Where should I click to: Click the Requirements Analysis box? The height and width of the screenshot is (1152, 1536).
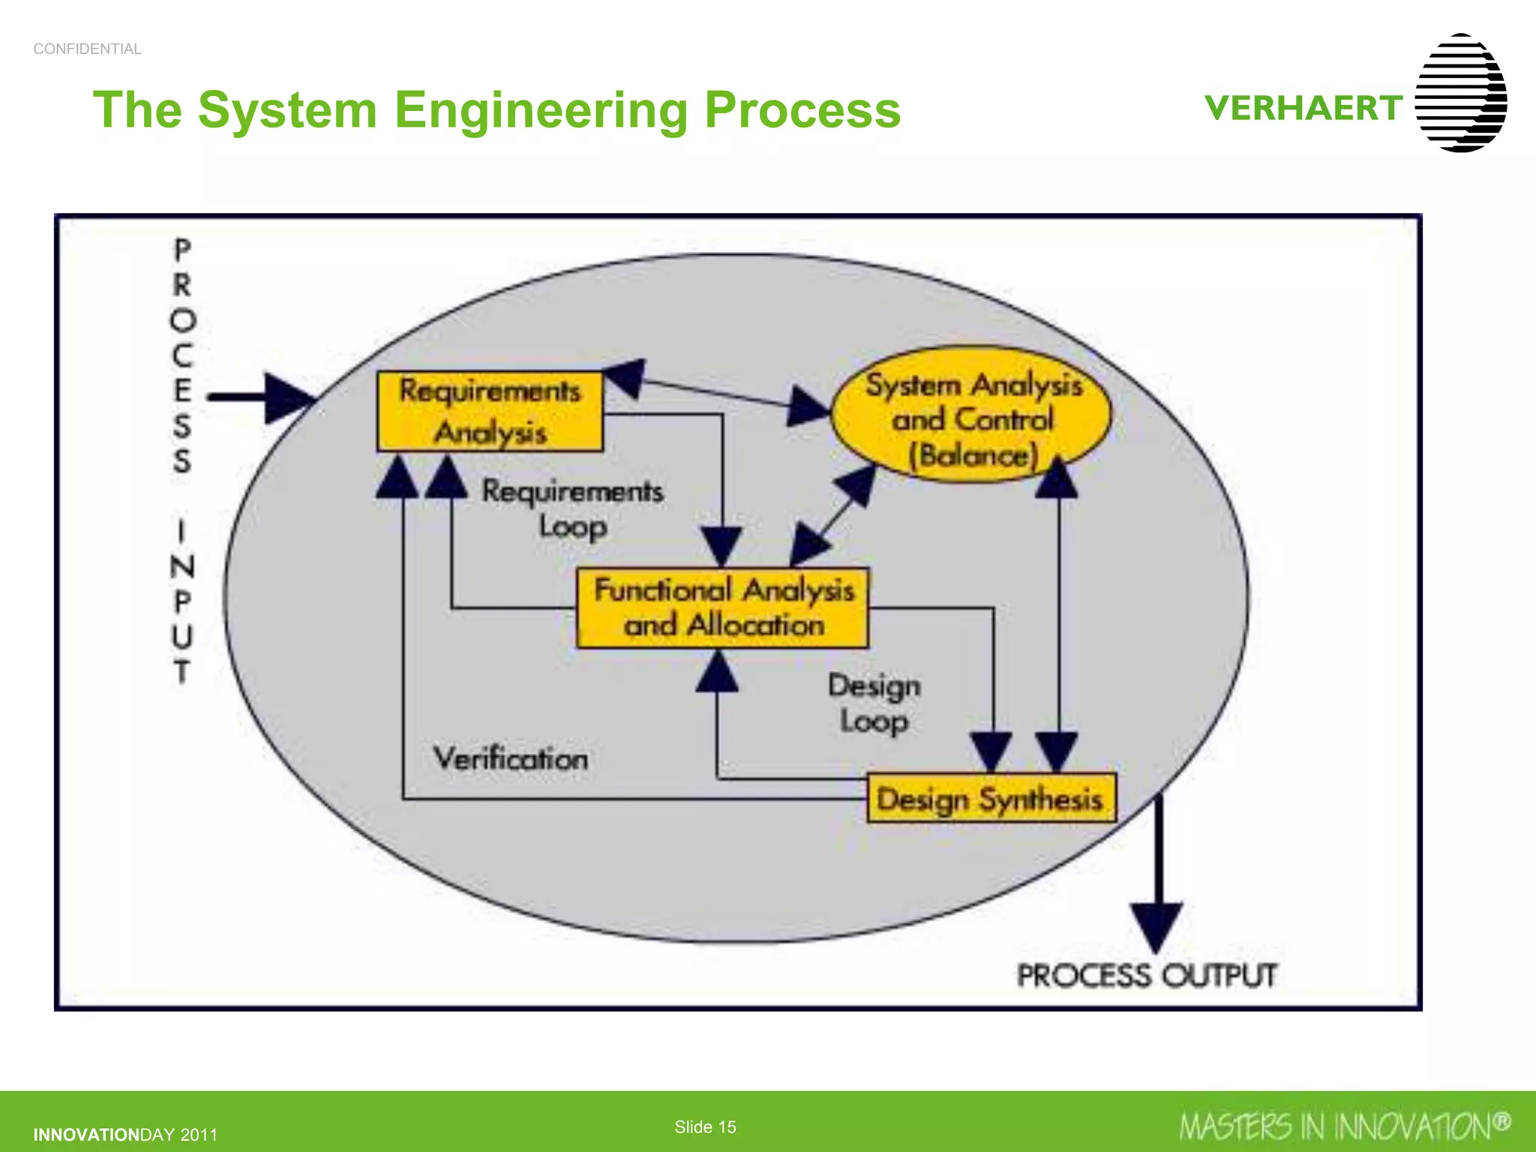[490, 412]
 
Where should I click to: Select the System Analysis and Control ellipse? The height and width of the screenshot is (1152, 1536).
[973, 415]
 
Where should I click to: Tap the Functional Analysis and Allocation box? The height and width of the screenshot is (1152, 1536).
[723, 608]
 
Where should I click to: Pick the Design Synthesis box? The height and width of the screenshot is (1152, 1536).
[991, 799]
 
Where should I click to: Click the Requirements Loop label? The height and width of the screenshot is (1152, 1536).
[572, 508]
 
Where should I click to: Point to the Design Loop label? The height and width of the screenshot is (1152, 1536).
[874, 703]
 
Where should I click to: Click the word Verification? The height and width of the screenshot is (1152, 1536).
[511, 759]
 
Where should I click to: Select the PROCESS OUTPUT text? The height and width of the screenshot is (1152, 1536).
[1146, 976]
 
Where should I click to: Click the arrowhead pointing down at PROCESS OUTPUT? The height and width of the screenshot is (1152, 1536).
[1156, 927]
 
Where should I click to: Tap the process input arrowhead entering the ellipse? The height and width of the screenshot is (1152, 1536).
[289, 398]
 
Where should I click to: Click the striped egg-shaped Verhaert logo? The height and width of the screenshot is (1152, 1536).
[1460, 93]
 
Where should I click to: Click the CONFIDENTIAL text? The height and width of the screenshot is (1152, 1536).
[87, 49]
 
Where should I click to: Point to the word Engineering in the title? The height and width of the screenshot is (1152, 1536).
[540, 110]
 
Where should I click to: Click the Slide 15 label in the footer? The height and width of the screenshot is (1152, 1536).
[705, 1127]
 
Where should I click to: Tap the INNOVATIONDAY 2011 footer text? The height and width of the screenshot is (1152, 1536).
[125, 1135]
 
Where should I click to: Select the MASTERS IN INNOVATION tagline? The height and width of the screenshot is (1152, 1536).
[1345, 1126]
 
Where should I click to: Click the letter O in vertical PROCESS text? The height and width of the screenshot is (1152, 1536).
[182, 320]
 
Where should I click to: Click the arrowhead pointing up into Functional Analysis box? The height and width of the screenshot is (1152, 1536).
[718, 672]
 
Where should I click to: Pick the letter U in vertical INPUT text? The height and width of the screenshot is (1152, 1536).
[182, 636]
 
